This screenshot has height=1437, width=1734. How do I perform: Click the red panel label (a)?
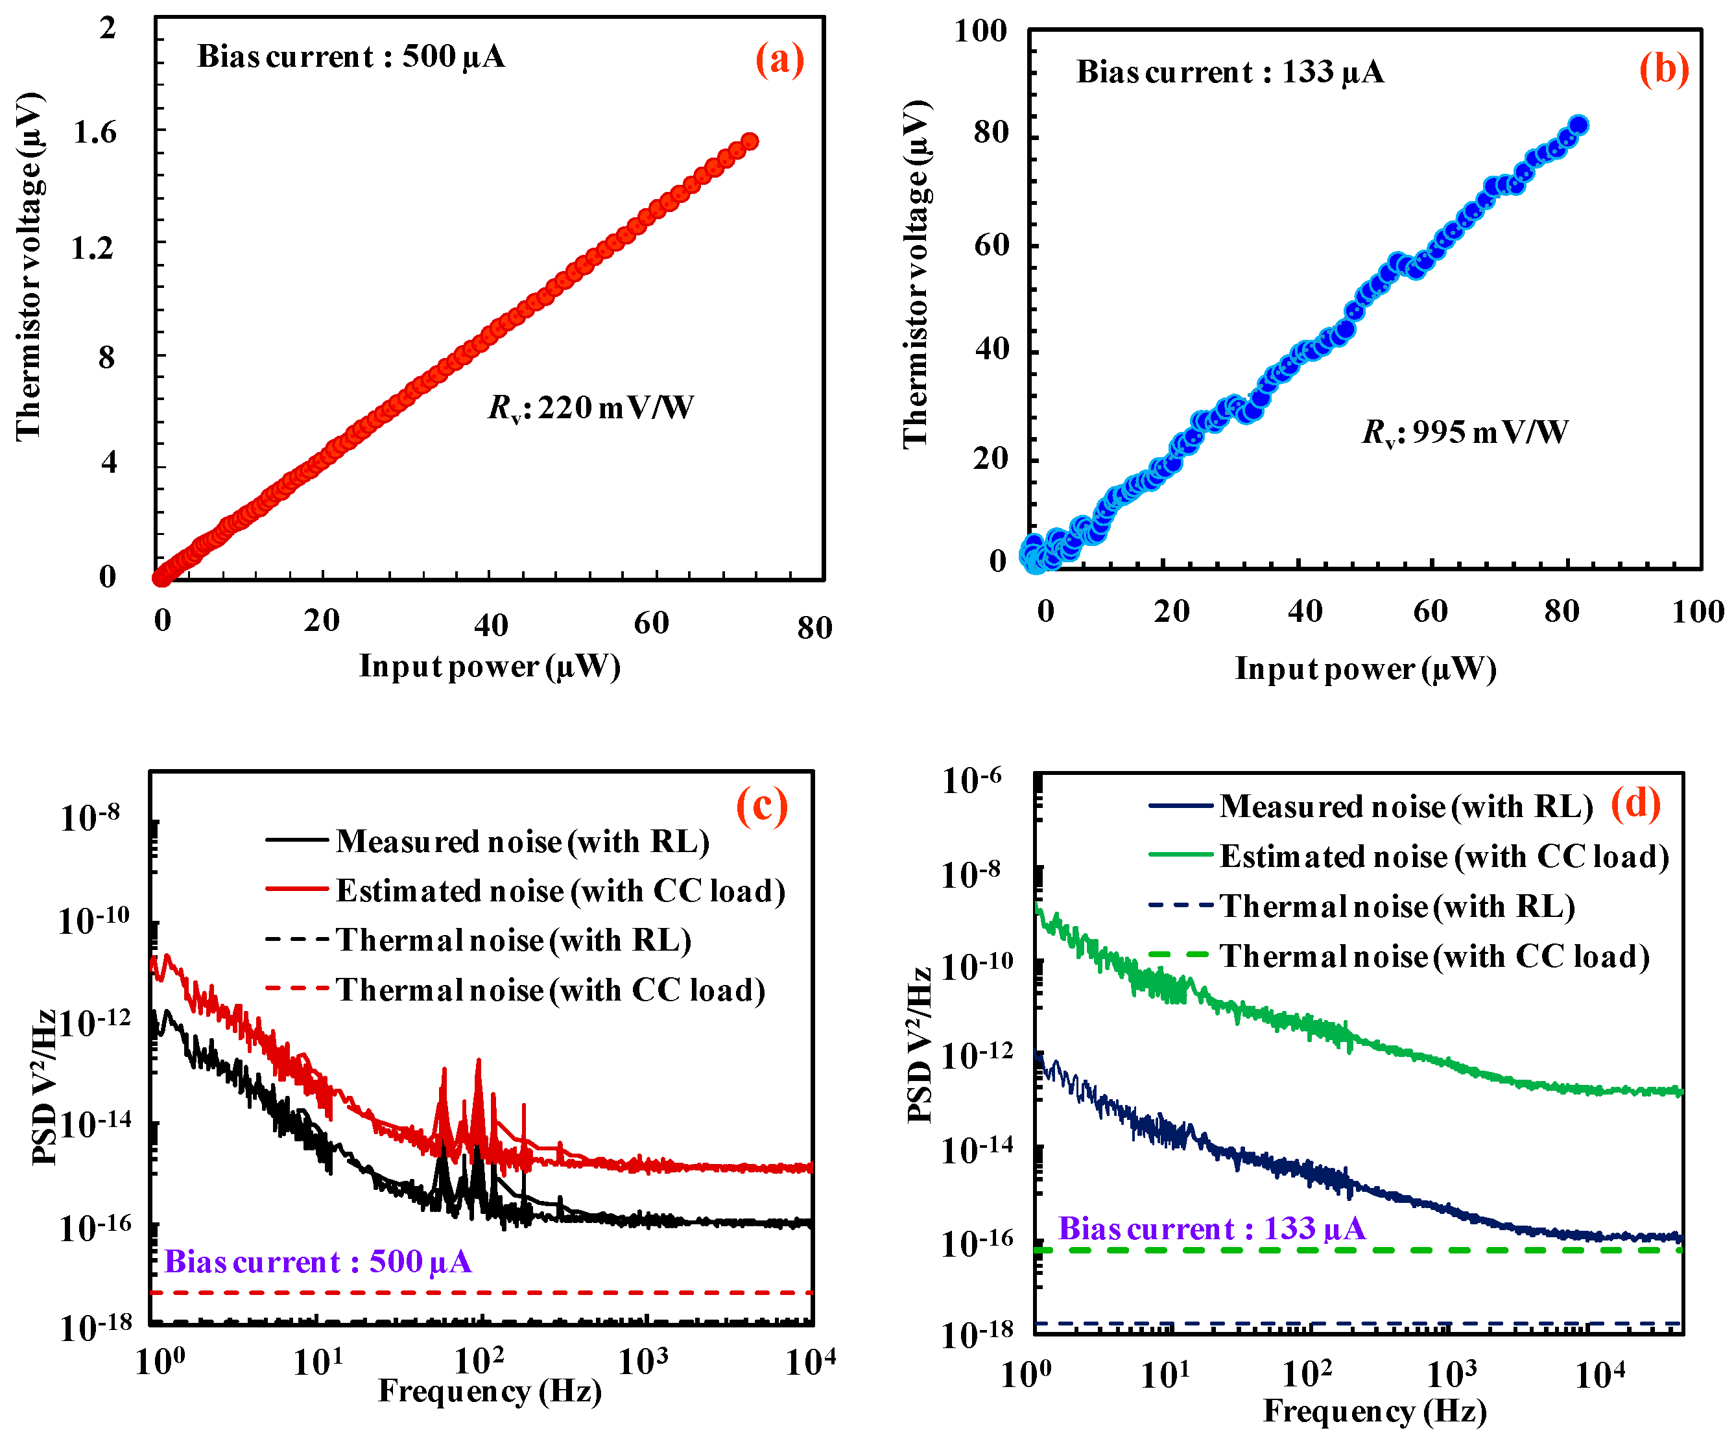pos(779,60)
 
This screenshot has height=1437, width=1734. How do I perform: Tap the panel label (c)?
pos(761,805)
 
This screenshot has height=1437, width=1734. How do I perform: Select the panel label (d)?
pos(1635,803)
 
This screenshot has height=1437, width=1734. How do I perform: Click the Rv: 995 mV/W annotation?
pos(1465,432)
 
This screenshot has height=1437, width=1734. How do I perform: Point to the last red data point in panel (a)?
pos(750,142)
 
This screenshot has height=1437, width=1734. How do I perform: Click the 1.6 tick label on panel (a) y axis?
pos(95,132)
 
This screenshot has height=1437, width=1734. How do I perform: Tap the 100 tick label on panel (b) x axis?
pos(1697,612)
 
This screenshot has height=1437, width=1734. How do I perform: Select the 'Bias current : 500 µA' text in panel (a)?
pos(351,56)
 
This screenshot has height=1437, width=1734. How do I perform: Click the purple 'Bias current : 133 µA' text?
pos(1211,1229)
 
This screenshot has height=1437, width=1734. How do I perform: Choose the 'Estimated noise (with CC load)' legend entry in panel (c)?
pos(560,890)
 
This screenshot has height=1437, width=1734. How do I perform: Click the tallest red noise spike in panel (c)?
pos(478,1065)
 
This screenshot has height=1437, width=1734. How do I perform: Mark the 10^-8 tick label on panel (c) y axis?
pos(90,818)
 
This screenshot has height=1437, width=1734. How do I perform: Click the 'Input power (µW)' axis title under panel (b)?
pos(1366,668)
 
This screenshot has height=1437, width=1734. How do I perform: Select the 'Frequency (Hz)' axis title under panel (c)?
pos(490,1391)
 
